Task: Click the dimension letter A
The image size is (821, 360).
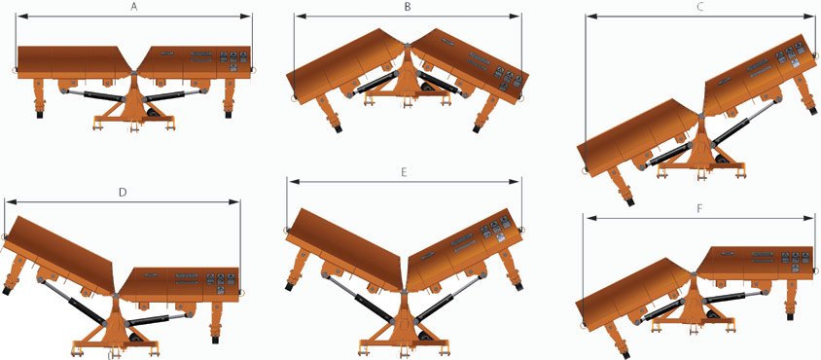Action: (134, 8)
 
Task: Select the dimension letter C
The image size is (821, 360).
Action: (701, 8)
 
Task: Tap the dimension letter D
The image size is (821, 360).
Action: (122, 193)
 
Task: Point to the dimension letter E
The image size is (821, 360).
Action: (403, 172)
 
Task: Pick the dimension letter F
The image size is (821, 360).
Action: (699, 208)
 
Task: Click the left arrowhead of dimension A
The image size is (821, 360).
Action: (20, 17)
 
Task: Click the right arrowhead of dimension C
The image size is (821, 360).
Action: (812, 17)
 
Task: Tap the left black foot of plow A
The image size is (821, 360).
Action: (39, 113)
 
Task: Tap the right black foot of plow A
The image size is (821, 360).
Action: (229, 113)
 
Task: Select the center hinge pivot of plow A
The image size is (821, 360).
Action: (134, 73)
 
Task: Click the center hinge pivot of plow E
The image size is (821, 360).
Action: (403, 289)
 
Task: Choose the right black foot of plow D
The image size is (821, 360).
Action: (215, 339)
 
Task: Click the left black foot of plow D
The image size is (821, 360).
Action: (7, 290)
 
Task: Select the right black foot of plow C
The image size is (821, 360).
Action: (811, 111)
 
